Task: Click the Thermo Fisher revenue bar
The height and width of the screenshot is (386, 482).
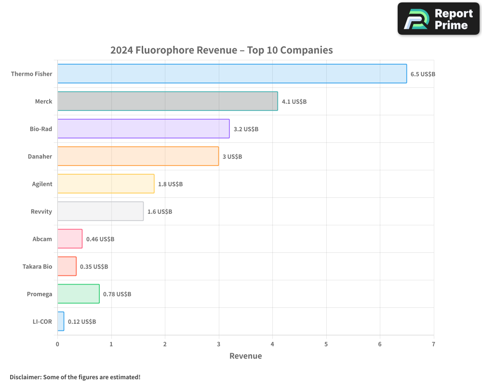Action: coord(231,74)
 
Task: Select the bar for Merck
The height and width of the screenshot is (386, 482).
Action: coord(167,101)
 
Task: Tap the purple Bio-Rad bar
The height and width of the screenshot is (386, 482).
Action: coord(143,129)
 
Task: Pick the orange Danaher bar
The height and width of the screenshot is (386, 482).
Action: coord(138,156)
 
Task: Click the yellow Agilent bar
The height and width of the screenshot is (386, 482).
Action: coord(106,184)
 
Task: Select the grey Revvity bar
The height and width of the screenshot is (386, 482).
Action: coord(100,211)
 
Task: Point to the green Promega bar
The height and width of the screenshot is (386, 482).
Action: coord(78,294)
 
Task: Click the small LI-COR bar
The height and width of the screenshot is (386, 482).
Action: coord(61,321)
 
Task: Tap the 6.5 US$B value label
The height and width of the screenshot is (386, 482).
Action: coord(423,74)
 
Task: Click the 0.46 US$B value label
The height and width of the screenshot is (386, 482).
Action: coord(100,239)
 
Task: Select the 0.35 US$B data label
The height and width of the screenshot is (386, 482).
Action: coord(94,267)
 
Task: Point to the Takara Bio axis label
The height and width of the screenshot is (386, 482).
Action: coord(37,267)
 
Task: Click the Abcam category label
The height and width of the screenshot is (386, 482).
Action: coord(42,239)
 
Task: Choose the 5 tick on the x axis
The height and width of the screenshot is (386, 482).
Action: coord(326,344)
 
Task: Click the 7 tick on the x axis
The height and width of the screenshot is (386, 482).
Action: coord(433,344)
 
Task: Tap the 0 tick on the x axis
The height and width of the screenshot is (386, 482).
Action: coord(57,344)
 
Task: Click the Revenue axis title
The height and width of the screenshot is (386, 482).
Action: coord(245,356)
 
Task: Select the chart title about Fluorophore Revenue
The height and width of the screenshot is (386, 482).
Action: coord(222,50)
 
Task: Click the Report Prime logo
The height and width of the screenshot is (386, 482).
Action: coord(439,19)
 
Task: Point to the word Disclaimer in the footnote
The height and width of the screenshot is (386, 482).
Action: coord(25,377)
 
